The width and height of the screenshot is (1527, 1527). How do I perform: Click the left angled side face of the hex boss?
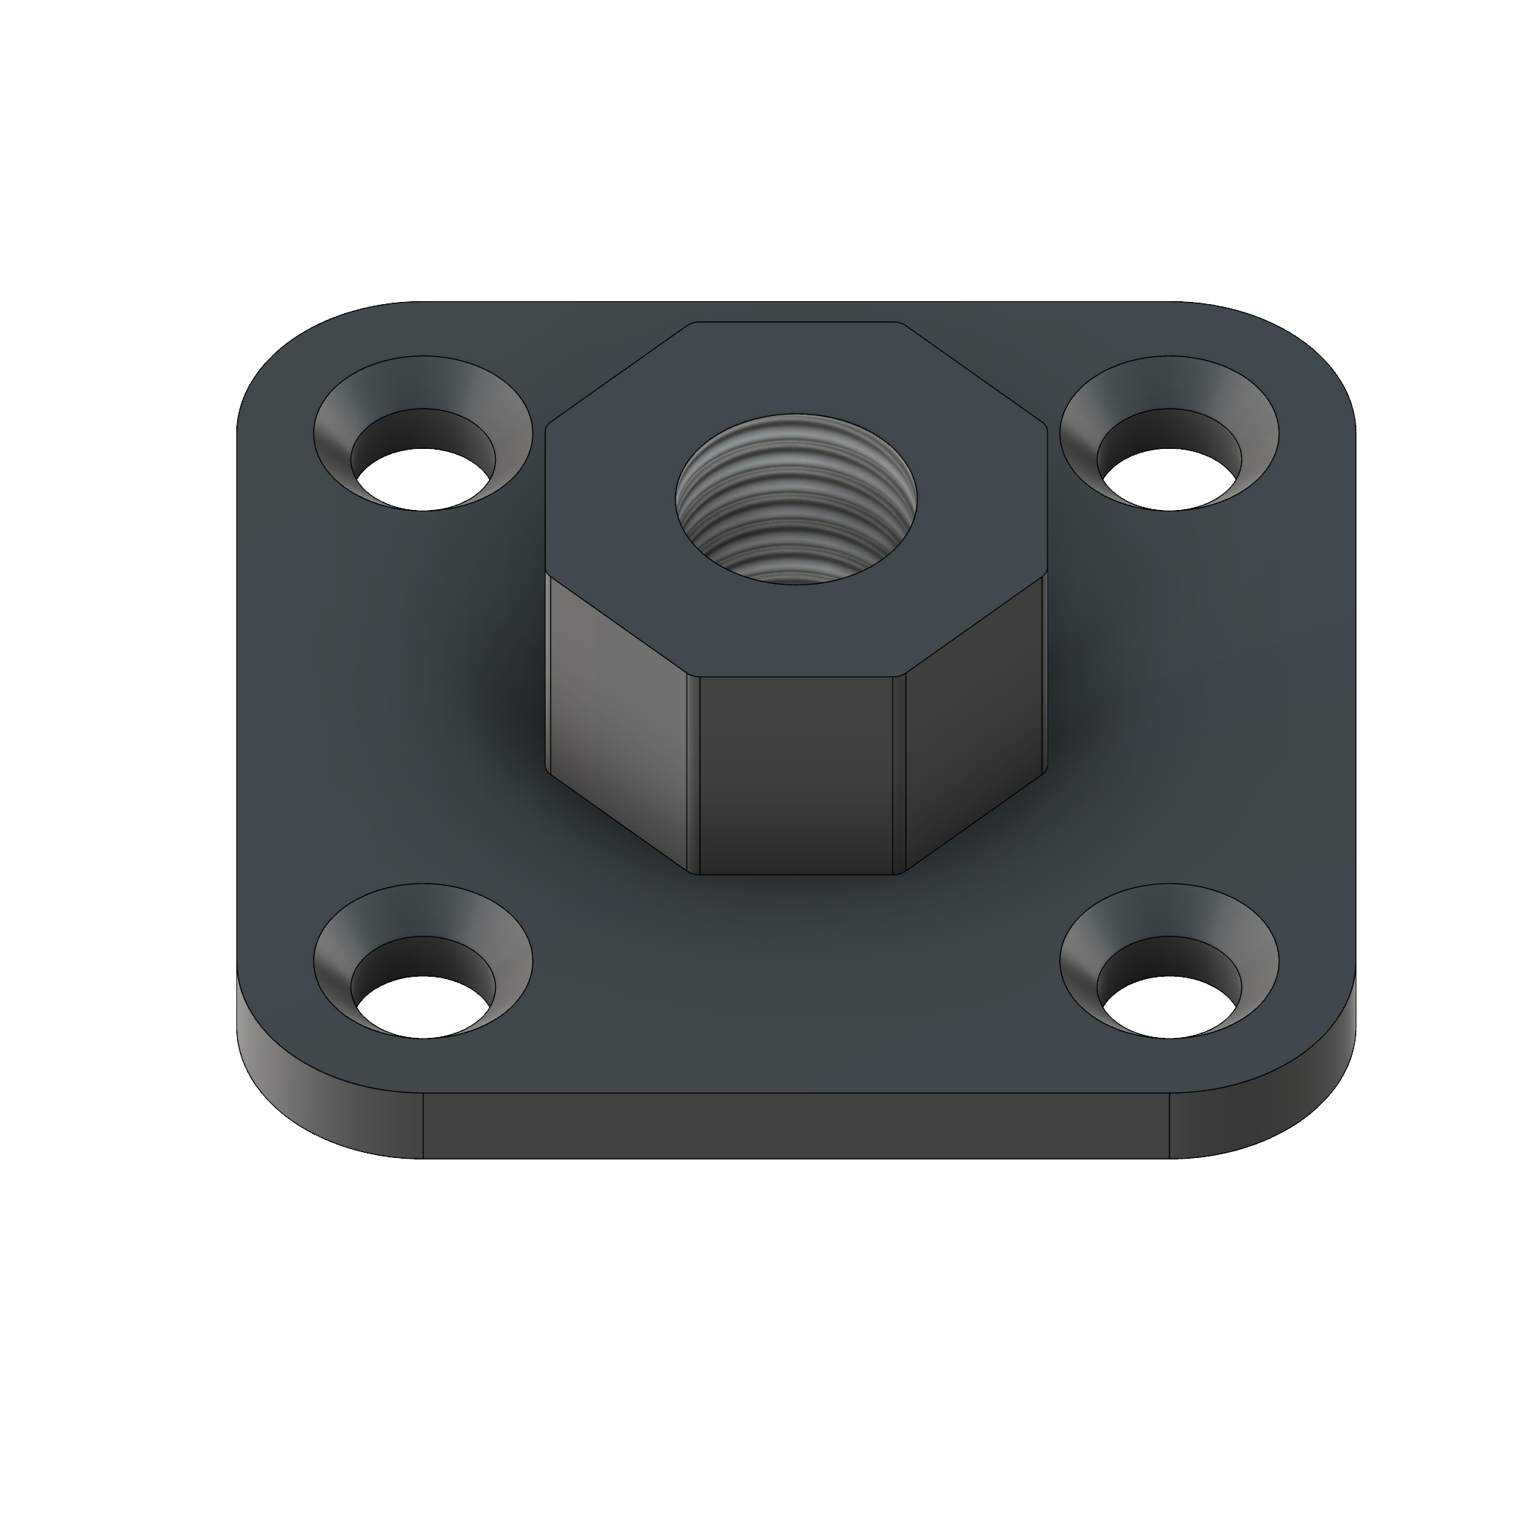620,711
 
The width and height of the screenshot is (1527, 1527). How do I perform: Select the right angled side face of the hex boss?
972,711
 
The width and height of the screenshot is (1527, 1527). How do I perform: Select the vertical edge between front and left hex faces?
695,775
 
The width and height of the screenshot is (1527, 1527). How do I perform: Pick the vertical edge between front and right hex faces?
898,775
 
